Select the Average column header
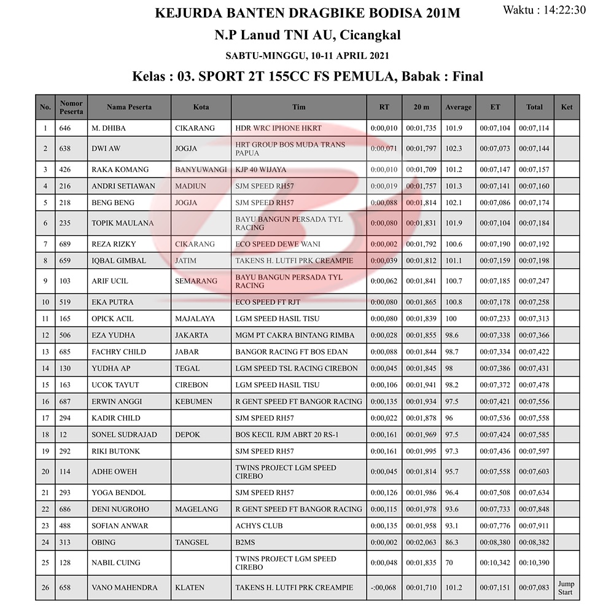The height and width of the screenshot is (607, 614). pos(458,107)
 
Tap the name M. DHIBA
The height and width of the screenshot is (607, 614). pos(109,128)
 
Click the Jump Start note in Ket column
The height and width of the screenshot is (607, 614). pos(565,588)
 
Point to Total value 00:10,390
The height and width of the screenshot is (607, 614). pos(534,563)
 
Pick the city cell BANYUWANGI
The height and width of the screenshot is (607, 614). pos(201,170)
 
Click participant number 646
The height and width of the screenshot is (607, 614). pos(65,128)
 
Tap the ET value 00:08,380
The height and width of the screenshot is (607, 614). pos(495,542)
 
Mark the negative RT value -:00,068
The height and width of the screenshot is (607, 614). pos(384,588)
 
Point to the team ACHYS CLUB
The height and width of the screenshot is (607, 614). pos(259,526)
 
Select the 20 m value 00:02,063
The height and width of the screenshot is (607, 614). pos(421,542)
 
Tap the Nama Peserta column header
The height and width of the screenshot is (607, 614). pos(129,107)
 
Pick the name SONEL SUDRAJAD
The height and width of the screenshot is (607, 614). pos(124,434)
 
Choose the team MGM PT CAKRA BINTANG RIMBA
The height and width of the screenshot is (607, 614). pos(295,335)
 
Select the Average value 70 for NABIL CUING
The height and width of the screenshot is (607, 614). pos(449,563)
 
